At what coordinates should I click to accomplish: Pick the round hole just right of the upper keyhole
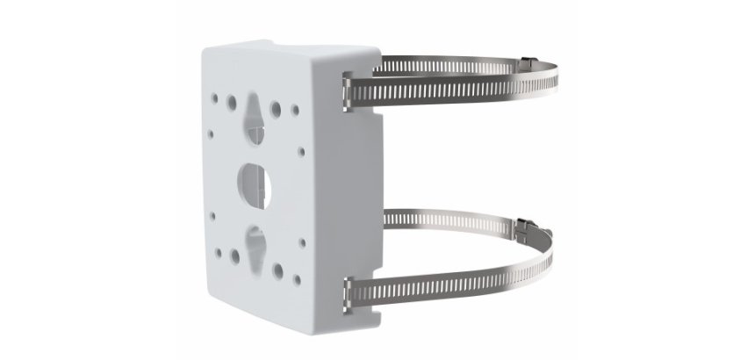[276, 110]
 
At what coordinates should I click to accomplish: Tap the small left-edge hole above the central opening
[211, 135]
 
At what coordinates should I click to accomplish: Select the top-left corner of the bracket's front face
[205, 54]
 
